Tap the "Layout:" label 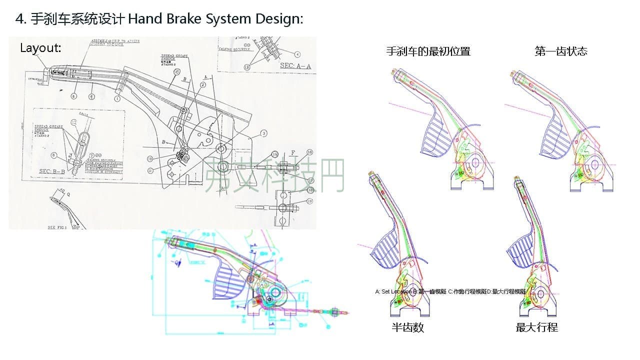tap(40, 48)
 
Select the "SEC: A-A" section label tap(295, 65)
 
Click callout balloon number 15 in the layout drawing tap(176, 72)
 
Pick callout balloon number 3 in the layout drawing tap(263, 133)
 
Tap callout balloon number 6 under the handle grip tap(73, 96)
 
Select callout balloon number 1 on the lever tap(117, 99)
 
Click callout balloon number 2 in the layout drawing tap(203, 85)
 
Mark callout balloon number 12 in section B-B tap(74, 121)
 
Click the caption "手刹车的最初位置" tap(428, 51)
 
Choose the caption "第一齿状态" tap(560, 51)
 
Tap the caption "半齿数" tap(407, 327)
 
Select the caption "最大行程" tap(536, 327)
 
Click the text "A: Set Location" tap(393, 291)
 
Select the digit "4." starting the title tap(20, 19)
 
